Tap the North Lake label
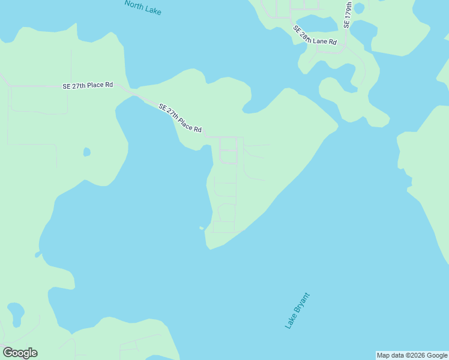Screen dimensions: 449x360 (x=143, y=7)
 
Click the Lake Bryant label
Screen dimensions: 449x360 (x=298, y=310)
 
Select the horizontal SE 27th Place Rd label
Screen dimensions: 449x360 (x=88, y=86)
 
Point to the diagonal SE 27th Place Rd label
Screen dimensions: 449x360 (x=179, y=118)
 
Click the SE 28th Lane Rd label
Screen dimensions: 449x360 (x=315, y=37)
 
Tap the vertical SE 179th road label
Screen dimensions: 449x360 (x=348, y=14)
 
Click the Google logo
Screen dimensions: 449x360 (x=20, y=353)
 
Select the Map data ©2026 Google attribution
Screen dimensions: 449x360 (x=412, y=355)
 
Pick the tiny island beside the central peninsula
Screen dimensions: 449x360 (x=202, y=228)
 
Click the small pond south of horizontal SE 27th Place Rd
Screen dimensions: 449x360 (x=86, y=152)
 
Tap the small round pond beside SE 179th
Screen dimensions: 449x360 (x=359, y=8)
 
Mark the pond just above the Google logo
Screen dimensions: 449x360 (x=16, y=313)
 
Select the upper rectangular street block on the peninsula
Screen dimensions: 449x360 (x=228, y=150)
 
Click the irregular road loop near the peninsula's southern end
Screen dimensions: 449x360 (x=226, y=213)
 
